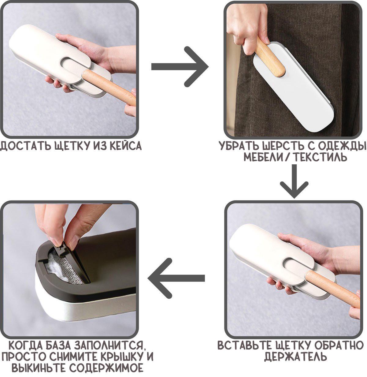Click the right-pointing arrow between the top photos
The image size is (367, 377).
coord(180,67)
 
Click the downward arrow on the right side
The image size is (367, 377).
coord(294,181)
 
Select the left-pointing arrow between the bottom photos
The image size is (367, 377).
coord(176,278)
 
